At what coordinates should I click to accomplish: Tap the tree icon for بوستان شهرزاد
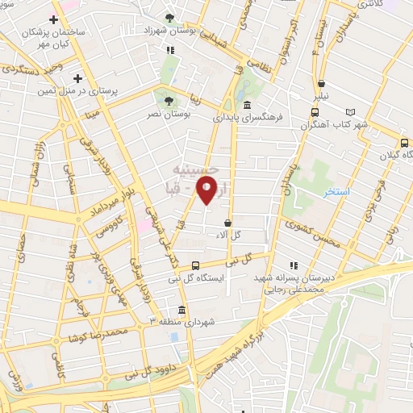coord(169,19)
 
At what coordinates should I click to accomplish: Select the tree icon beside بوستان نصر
coord(168,101)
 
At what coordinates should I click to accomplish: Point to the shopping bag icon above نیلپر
coord(321,84)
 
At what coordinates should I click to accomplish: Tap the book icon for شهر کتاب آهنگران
coord(349,113)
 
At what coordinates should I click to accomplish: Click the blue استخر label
coord(334,193)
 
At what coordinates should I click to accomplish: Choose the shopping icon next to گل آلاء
coord(228,223)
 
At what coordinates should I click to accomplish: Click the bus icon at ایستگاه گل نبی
coord(196,265)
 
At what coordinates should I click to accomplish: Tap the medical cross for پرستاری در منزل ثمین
coord(77,78)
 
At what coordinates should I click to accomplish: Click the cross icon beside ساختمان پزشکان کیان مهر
coord(53,19)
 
